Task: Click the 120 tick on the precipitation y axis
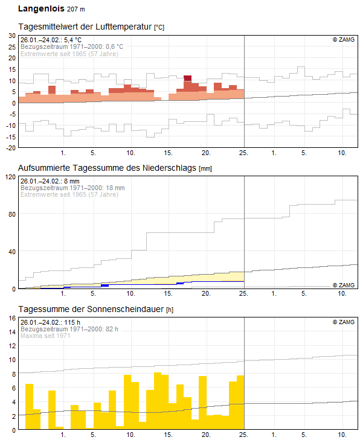(x=10, y=177)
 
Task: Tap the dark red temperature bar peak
(x=187, y=78)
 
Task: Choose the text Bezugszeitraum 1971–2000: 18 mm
(x=72, y=188)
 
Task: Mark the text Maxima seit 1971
(x=45, y=336)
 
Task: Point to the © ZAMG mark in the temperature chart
(x=343, y=40)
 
